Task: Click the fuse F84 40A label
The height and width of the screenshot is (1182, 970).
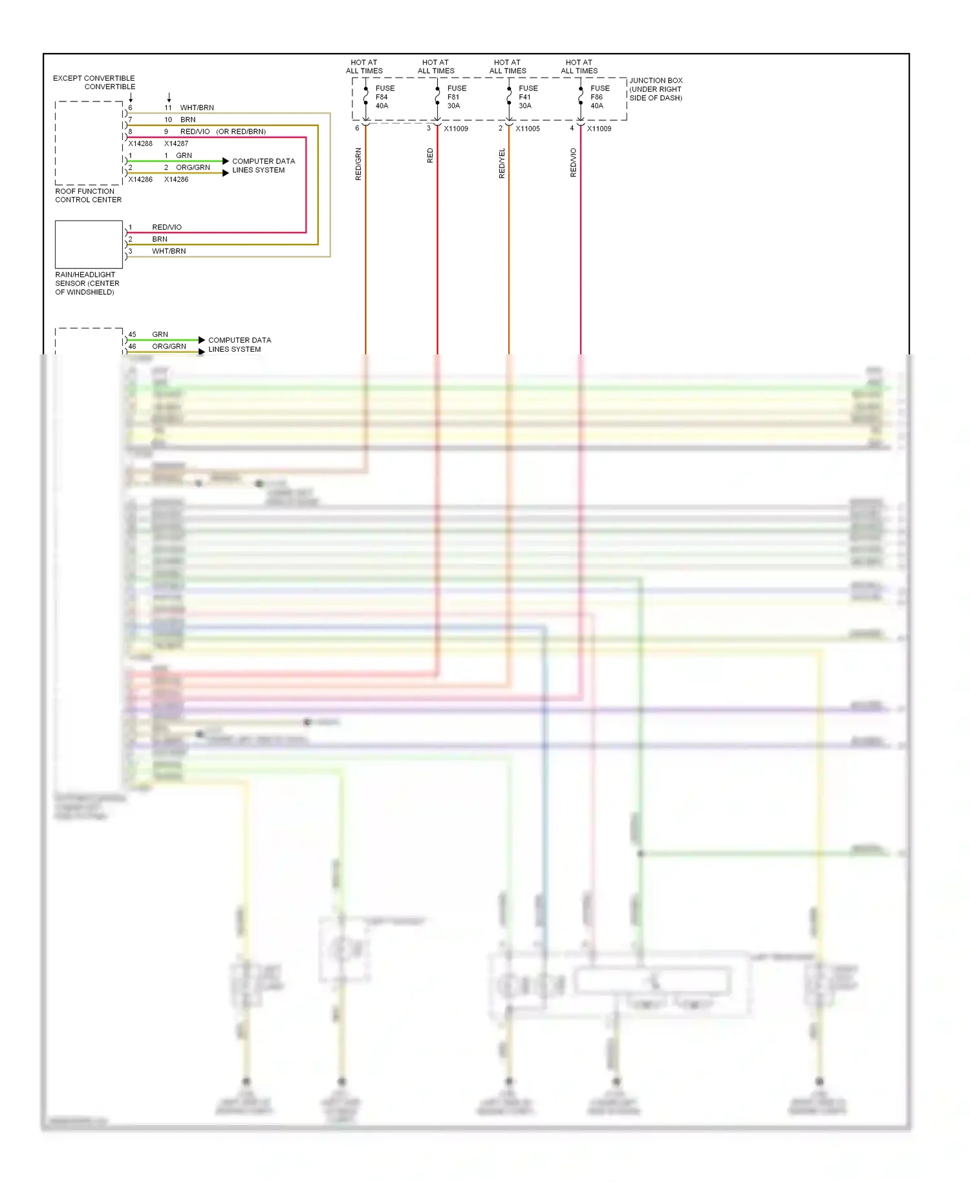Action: (x=384, y=97)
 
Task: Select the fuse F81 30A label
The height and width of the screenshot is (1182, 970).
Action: (x=456, y=97)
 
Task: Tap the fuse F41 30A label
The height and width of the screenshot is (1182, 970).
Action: (x=527, y=97)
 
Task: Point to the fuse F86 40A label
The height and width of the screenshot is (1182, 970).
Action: (x=599, y=97)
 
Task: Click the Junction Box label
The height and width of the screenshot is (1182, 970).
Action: (x=655, y=89)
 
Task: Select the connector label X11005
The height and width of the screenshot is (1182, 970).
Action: (x=527, y=129)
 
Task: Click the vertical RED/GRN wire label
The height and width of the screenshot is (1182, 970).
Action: (x=358, y=164)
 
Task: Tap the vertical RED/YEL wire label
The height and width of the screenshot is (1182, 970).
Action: (x=502, y=164)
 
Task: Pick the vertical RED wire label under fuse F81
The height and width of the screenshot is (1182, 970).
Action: (x=430, y=156)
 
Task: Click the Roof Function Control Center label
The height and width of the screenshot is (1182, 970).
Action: (x=88, y=195)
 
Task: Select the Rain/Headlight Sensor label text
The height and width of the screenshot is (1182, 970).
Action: (x=87, y=283)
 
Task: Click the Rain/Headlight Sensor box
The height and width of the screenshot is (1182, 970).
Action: (x=89, y=244)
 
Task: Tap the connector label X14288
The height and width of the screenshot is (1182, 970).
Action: (x=140, y=144)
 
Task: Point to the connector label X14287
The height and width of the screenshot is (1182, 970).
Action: (x=176, y=144)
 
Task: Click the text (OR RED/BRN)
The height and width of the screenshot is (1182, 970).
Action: (x=241, y=132)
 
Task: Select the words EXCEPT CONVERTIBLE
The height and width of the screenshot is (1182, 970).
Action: (x=94, y=78)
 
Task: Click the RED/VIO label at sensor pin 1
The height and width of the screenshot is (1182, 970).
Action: (x=167, y=227)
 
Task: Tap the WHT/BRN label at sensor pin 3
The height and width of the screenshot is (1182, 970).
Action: (x=169, y=251)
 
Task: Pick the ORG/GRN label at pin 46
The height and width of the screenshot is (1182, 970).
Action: (x=169, y=347)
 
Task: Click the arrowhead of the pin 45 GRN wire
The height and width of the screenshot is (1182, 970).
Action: (x=202, y=340)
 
